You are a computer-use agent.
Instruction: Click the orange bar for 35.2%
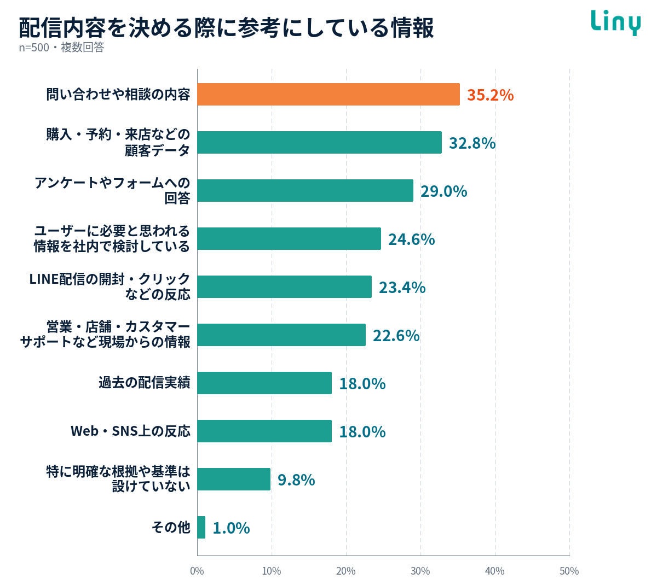[x=328, y=94]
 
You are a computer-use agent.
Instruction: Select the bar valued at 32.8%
[x=319, y=142]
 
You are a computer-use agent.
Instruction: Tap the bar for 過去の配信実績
[x=264, y=383]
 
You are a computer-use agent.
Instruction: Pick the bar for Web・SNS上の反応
[x=264, y=431]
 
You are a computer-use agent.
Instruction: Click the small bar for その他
[x=201, y=527]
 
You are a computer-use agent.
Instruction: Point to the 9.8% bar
[x=234, y=479]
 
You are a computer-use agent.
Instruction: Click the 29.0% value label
[x=443, y=191]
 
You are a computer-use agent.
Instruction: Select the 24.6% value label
[x=412, y=239]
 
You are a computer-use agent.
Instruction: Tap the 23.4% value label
[x=402, y=288]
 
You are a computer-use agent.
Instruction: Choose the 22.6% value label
[x=396, y=336]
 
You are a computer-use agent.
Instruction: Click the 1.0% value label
[x=231, y=528]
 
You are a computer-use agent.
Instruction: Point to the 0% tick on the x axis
[x=197, y=571]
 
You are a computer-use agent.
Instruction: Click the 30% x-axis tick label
[x=420, y=571]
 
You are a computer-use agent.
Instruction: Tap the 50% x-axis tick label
[x=569, y=571]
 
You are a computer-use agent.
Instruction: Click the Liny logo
[x=615, y=22]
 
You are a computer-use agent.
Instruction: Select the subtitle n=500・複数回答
[x=62, y=48]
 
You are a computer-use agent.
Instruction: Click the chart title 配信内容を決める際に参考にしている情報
[x=226, y=27]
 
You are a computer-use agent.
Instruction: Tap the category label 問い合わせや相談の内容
[x=118, y=94]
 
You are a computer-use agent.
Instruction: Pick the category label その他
[x=171, y=527]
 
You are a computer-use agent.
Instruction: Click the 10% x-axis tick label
[x=272, y=571]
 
